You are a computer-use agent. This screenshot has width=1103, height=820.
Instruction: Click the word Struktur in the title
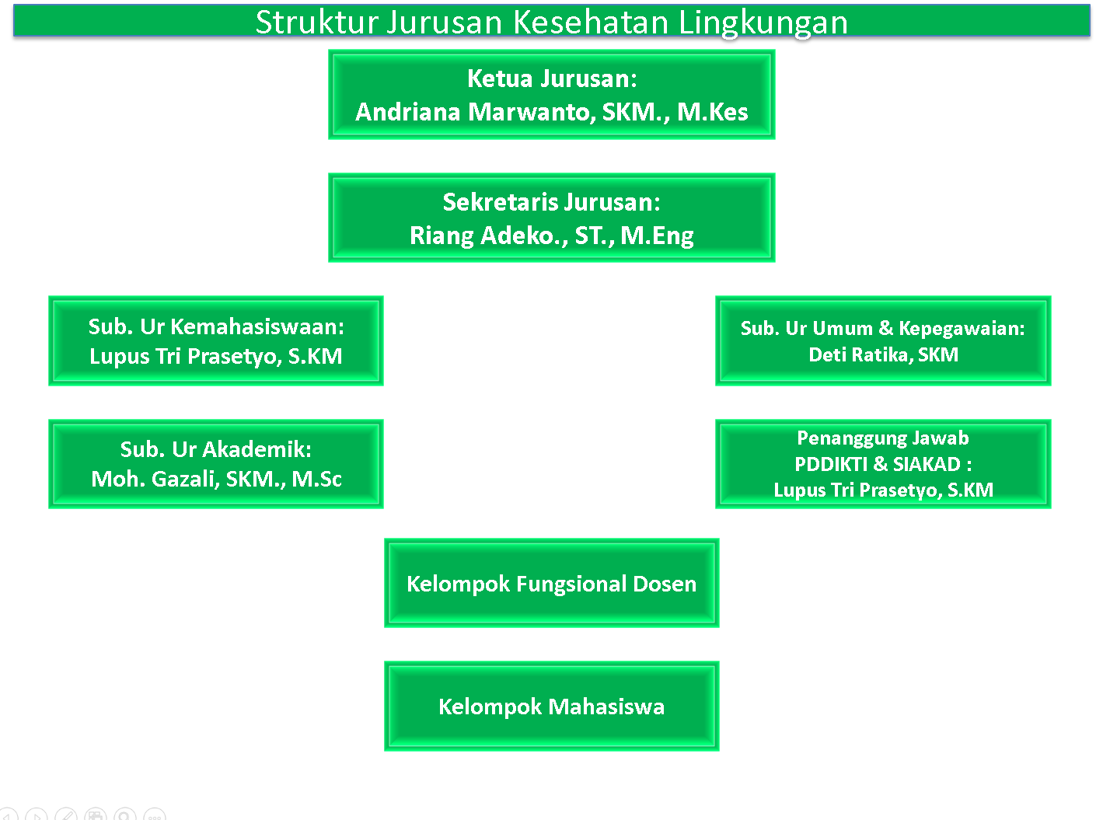coord(317,23)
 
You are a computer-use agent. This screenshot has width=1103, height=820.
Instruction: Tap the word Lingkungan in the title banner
coord(763,23)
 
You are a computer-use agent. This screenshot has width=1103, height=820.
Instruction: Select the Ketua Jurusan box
coord(552,95)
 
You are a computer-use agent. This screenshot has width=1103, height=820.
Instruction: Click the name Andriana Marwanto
coord(475,112)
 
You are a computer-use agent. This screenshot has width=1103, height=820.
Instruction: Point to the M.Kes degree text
coord(712,112)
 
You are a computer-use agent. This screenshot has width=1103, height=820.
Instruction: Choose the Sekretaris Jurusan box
coord(552,218)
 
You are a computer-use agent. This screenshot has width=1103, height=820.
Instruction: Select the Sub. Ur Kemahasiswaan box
coord(216,340)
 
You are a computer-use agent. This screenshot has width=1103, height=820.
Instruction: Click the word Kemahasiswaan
coord(257,326)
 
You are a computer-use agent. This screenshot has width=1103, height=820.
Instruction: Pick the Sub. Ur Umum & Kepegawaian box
coord(883,340)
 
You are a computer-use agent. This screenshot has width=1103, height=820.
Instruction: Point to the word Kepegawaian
coord(962,329)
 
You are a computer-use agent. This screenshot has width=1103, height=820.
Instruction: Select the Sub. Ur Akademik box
coord(216,464)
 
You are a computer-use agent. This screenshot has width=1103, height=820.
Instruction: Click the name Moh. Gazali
coord(155,479)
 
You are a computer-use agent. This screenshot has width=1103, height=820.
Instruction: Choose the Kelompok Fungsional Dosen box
coord(552,583)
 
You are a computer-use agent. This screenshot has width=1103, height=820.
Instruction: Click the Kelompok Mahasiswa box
coord(552,706)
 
